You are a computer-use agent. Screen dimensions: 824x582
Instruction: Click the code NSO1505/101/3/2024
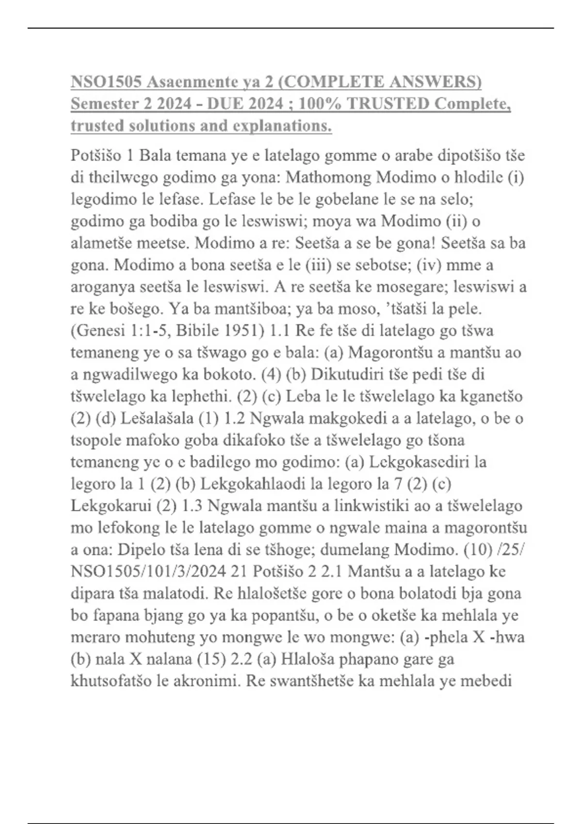[x=148, y=571]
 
